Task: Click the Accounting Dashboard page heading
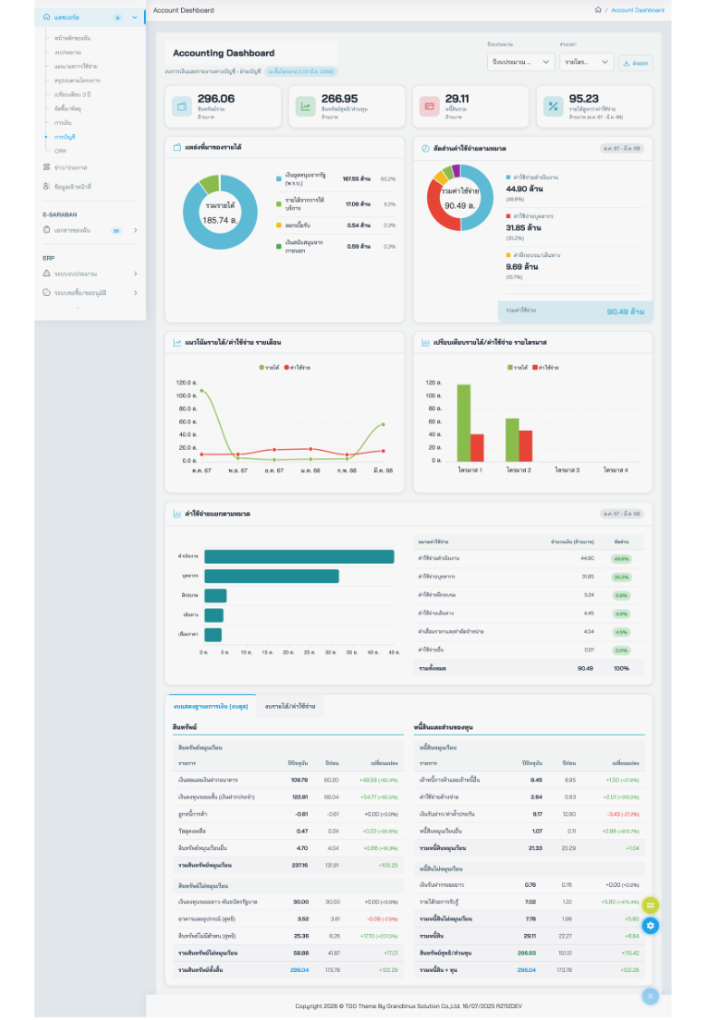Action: pos(224,53)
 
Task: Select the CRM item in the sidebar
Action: pos(60,150)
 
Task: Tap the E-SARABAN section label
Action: pos(60,214)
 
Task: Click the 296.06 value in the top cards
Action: pos(215,99)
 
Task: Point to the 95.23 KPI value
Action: pos(584,99)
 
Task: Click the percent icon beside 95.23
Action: pos(552,106)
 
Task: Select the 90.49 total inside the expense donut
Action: pos(460,205)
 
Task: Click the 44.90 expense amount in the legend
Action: pos(522,188)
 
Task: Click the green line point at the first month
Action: pos(201,391)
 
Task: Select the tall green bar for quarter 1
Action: pos(463,423)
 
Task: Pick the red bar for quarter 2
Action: pos(526,445)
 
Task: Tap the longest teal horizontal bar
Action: pos(299,557)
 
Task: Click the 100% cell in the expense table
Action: pos(621,668)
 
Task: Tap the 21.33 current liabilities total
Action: pos(535,848)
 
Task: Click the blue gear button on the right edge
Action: pos(651,926)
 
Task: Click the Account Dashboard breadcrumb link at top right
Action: pos(637,10)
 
